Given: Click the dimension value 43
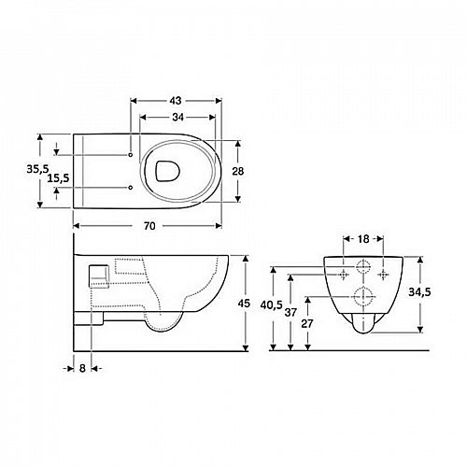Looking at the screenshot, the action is tap(176, 101).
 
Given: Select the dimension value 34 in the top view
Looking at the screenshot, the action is tap(177, 117).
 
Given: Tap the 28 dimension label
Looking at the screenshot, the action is tap(238, 171).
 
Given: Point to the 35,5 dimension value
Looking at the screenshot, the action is tap(37, 169).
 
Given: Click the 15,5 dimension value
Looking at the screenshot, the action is tap(58, 178).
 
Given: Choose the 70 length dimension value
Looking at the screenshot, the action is tap(149, 226).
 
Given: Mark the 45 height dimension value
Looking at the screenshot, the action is tap(244, 303).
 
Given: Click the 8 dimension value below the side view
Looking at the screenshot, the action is tap(82, 368).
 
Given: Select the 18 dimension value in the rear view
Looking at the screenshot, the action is tap(363, 239).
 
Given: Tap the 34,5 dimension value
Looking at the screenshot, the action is tap(419, 292).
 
